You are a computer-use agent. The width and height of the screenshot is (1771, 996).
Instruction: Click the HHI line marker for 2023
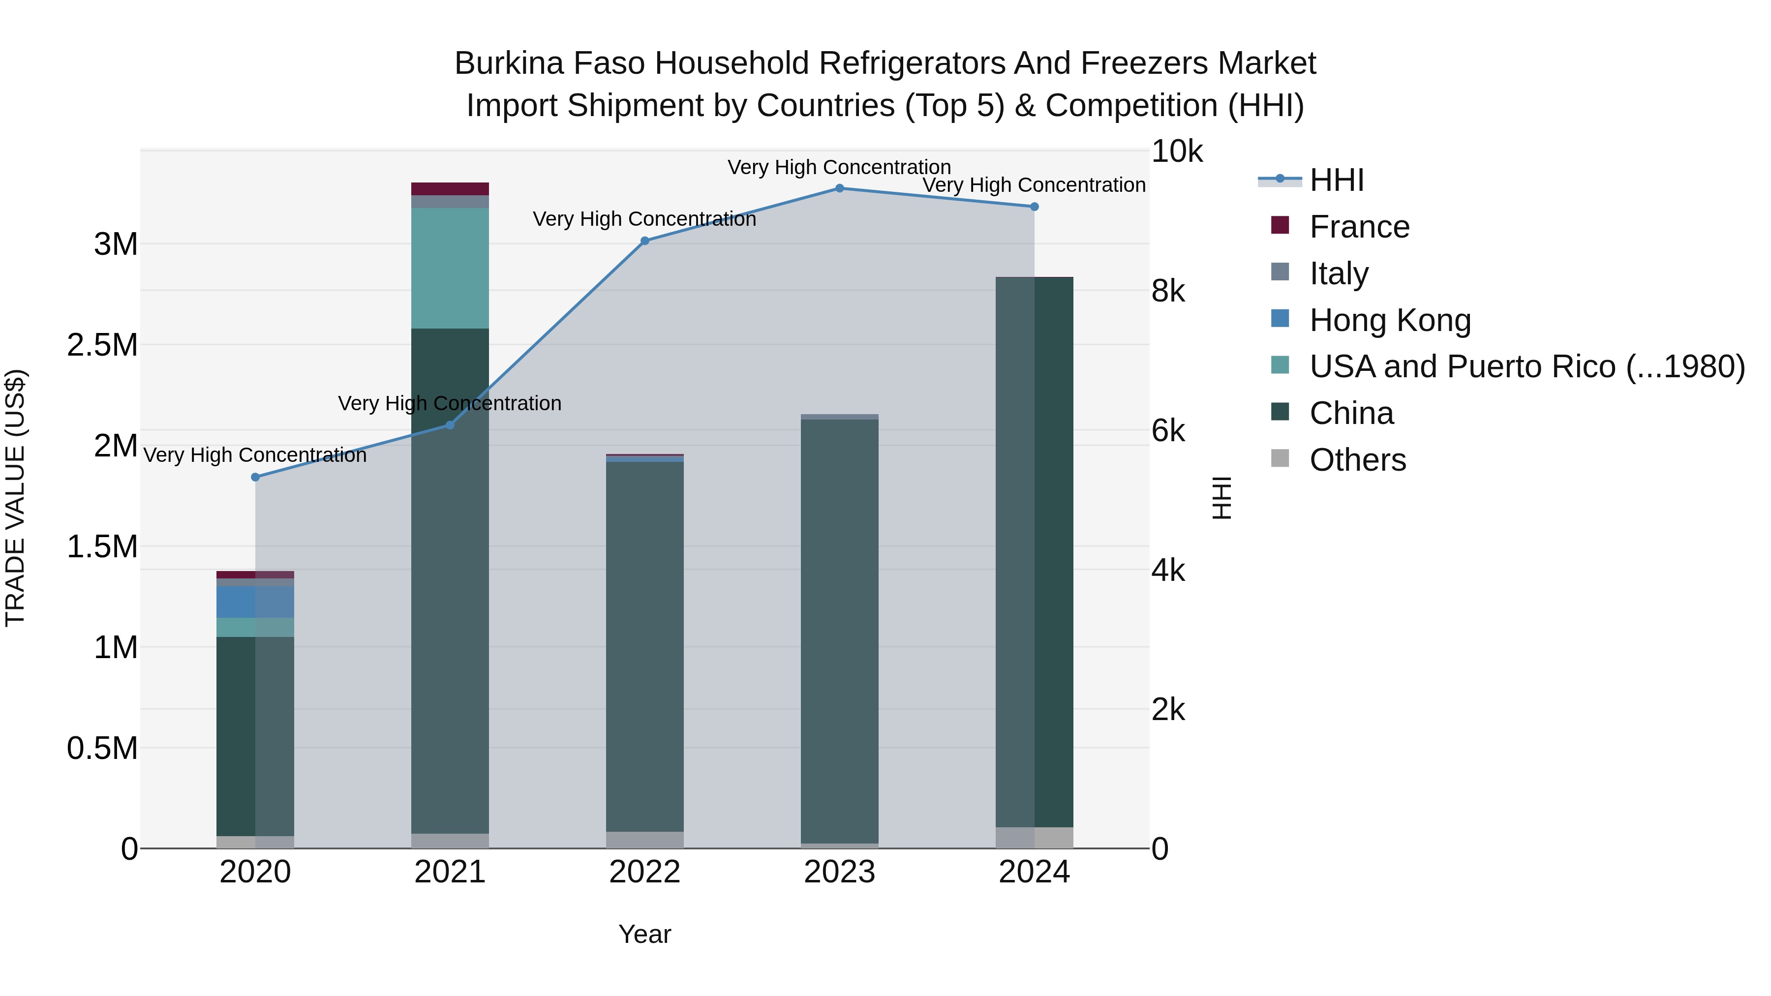[x=839, y=188]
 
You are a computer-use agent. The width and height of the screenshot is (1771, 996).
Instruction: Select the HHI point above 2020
[x=255, y=477]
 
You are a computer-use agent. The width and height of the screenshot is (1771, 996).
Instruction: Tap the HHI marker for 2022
[x=645, y=241]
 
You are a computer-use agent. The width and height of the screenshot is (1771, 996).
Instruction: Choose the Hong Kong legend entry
[x=1389, y=320]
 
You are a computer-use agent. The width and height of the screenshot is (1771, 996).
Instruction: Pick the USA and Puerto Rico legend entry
[x=1526, y=366]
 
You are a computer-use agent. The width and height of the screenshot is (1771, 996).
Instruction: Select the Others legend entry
[x=1357, y=460]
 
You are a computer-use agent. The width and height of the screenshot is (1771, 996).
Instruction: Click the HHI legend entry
[x=1336, y=180]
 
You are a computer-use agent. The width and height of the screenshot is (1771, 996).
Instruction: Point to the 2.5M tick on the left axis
[x=102, y=345]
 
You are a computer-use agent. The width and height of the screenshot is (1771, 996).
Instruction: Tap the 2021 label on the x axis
[x=450, y=872]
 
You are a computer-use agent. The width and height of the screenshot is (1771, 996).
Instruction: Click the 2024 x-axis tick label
[x=1034, y=872]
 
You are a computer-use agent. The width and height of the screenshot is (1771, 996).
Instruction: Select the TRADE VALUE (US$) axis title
[x=15, y=498]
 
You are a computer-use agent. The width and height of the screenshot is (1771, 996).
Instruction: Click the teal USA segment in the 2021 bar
[x=450, y=268]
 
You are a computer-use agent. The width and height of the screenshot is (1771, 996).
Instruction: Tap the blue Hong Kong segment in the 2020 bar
[x=236, y=602]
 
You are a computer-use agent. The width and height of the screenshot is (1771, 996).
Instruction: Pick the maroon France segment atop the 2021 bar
[x=450, y=189]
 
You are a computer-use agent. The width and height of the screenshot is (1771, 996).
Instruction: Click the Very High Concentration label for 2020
[x=255, y=455]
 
